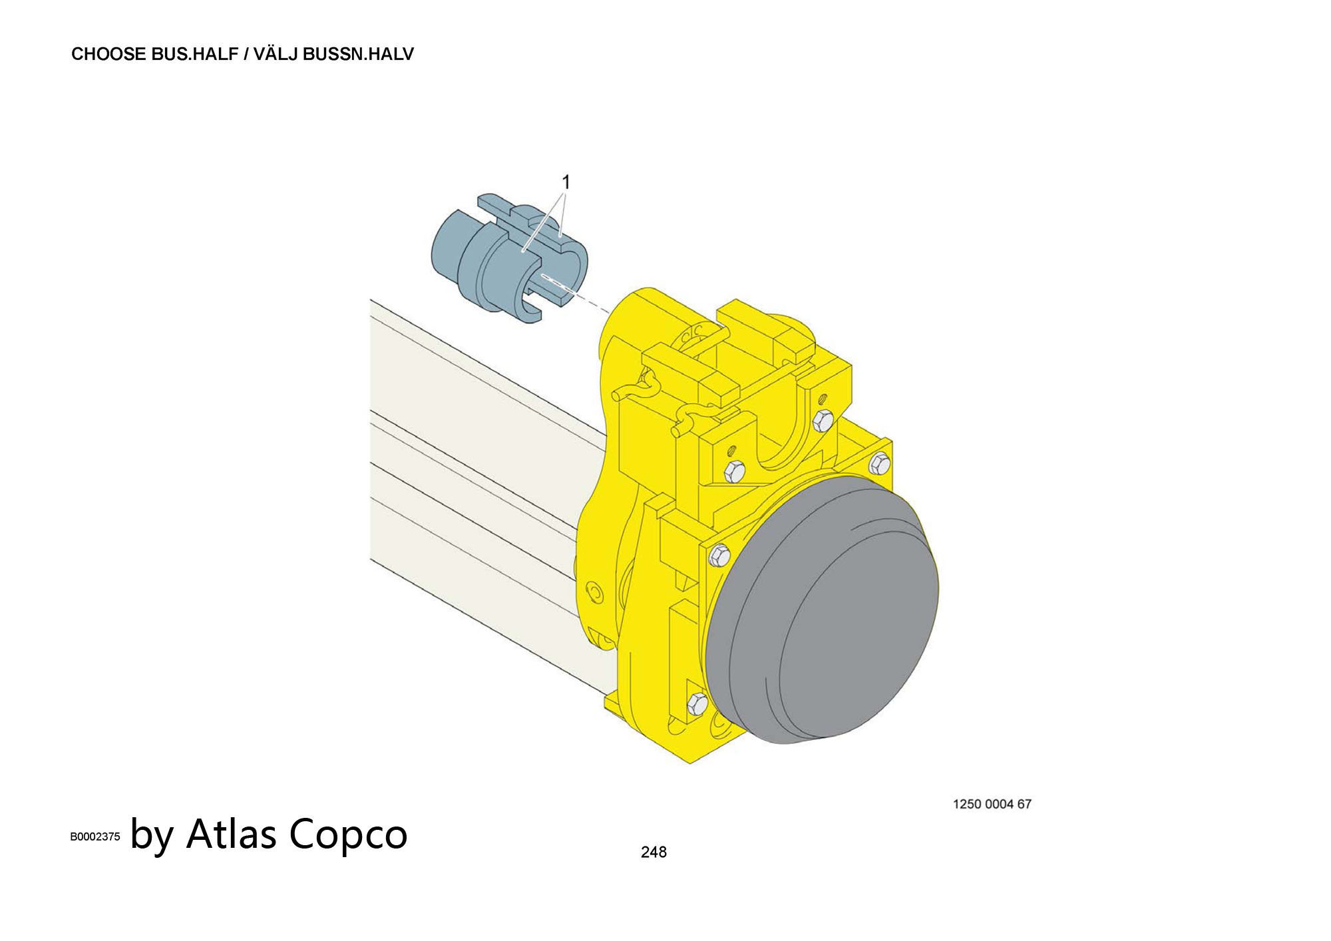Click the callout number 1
pos(566,182)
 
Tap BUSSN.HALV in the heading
pos(358,55)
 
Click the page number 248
pos(653,852)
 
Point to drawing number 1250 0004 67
pos(992,804)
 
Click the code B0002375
pos(95,837)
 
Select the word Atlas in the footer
pos(231,833)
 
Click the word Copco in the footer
pos(348,835)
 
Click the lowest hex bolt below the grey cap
pos(697,702)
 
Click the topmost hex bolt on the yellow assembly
pos(823,420)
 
